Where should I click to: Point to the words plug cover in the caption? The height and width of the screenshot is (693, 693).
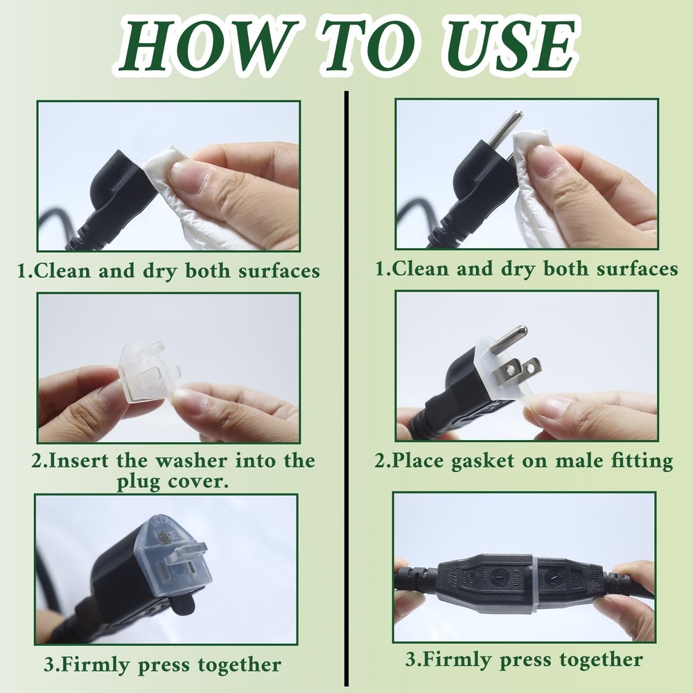173,481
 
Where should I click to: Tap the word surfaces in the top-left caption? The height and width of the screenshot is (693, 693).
279,270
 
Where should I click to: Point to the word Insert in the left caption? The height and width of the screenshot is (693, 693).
78,461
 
